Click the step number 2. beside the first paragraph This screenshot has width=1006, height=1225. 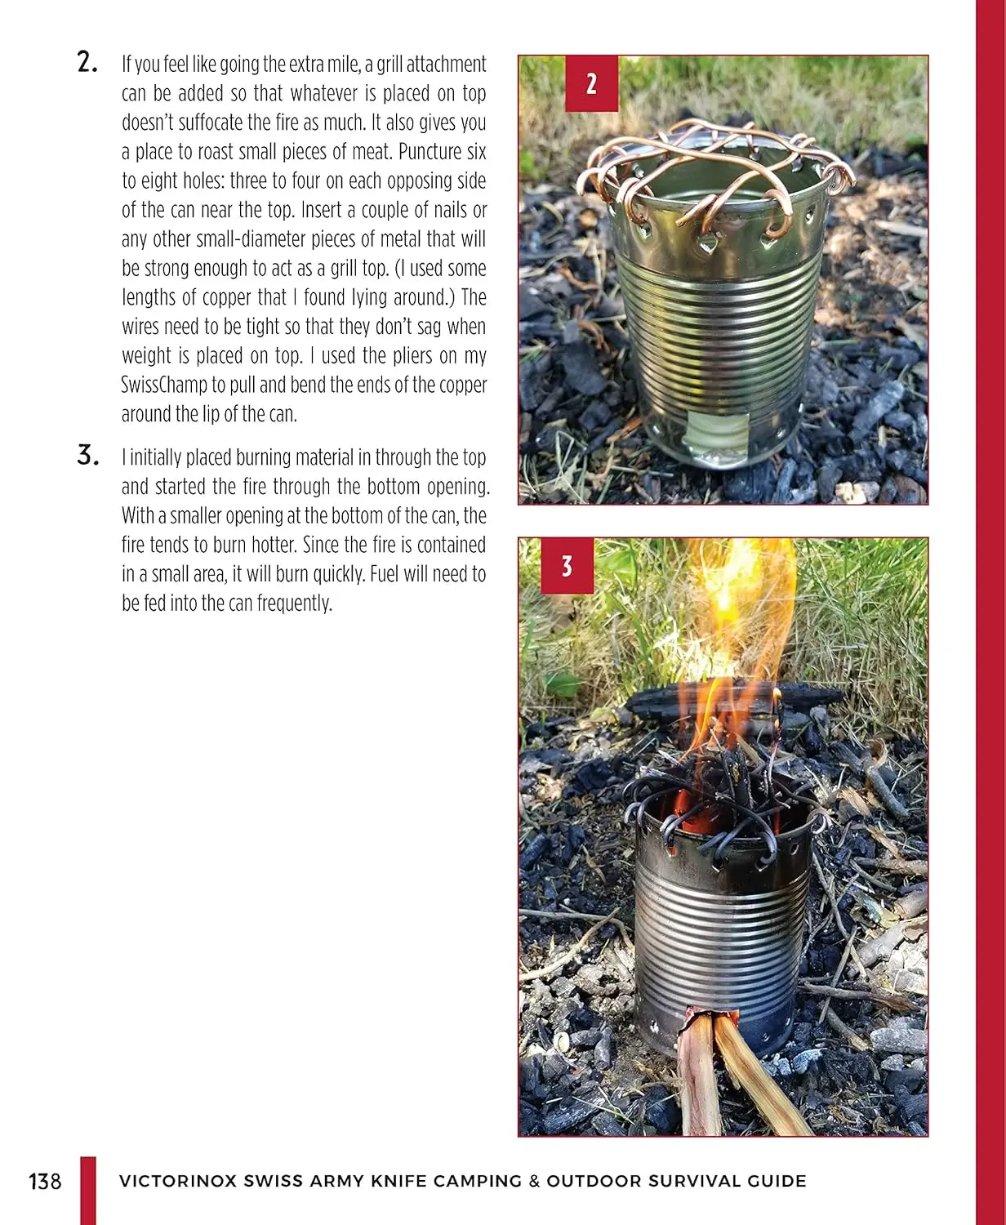click(x=87, y=62)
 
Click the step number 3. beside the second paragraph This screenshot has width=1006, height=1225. click(x=87, y=455)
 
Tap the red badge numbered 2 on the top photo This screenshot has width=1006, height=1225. click(x=591, y=83)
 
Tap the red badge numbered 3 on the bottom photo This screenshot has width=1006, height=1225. click(x=567, y=566)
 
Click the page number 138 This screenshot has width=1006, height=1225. click(x=45, y=1182)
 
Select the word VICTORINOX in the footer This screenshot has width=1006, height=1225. click(x=178, y=1181)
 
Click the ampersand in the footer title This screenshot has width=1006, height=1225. click(x=534, y=1181)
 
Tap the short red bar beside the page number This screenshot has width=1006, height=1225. click(x=88, y=1191)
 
